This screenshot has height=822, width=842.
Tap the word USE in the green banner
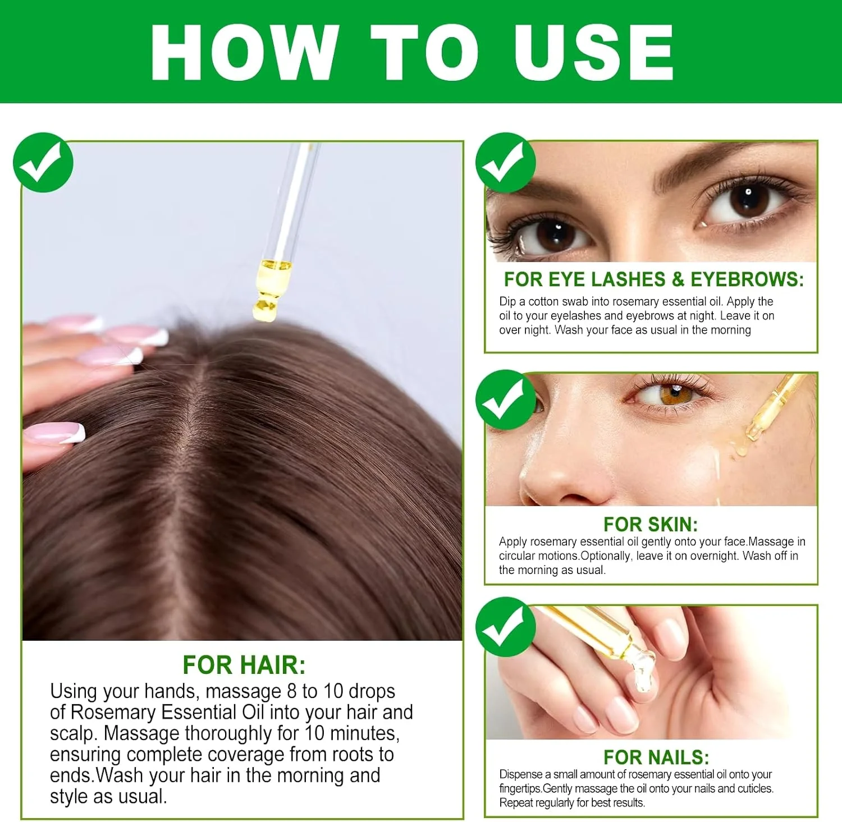(x=594, y=52)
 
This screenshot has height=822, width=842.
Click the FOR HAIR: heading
(x=244, y=665)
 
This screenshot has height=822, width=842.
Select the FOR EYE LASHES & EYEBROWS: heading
(x=654, y=279)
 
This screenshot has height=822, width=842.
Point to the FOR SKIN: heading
(x=651, y=524)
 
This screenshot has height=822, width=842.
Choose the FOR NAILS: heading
(x=656, y=757)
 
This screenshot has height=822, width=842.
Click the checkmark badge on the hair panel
(x=43, y=163)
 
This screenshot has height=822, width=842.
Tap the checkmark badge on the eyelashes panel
(x=506, y=163)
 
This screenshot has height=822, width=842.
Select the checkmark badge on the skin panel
(x=506, y=400)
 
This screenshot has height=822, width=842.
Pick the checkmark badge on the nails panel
(x=506, y=627)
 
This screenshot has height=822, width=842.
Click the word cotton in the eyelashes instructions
(x=543, y=301)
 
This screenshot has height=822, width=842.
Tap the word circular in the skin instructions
(x=519, y=555)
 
